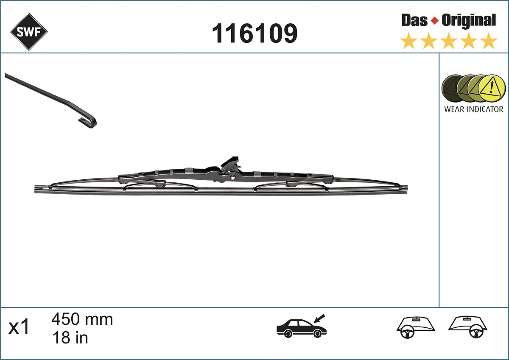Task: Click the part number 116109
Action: pyautogui.click(x=255, y=33)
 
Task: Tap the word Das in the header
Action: pyautogui.click(x=414, y=20)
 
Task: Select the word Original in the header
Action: pyautogui.click(x=468, y=20)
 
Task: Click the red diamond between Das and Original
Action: pyautogui.click(x=434, y=20)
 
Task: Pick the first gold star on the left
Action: pyautogui.click(x=408, y=42)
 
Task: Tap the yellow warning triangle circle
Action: pyautogui.click(x=492, y=89)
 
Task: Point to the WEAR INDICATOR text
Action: pyautogui.click(x=473, y=109)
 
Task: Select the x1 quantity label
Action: pyautogui.click(x=20, y=327)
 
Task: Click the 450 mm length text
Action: pyautogui.click(x=82, y=319)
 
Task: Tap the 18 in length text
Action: pyautogui.click(x=70, y=338)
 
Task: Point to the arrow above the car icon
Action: pyautogui.click(x=319, y=318)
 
